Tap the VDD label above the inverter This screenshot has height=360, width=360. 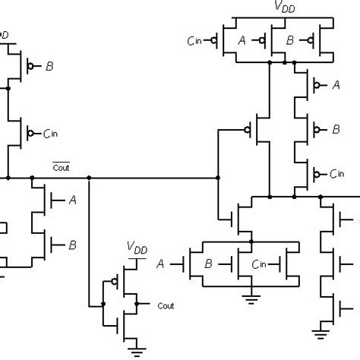pyautogui.click(x=137, y=248)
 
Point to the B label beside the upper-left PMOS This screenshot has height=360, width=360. pyautogui.click(x=49, y=67)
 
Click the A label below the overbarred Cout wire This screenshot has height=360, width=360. pyautogui.click(x=72, y=201)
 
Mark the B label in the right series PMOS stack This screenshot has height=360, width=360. pyautogui.click(x=335, y=131)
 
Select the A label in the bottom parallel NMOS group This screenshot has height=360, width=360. pyautogui.click(x=160, y=264)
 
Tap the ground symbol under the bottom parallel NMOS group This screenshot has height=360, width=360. pyautogui.click(x=250, y=298)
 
